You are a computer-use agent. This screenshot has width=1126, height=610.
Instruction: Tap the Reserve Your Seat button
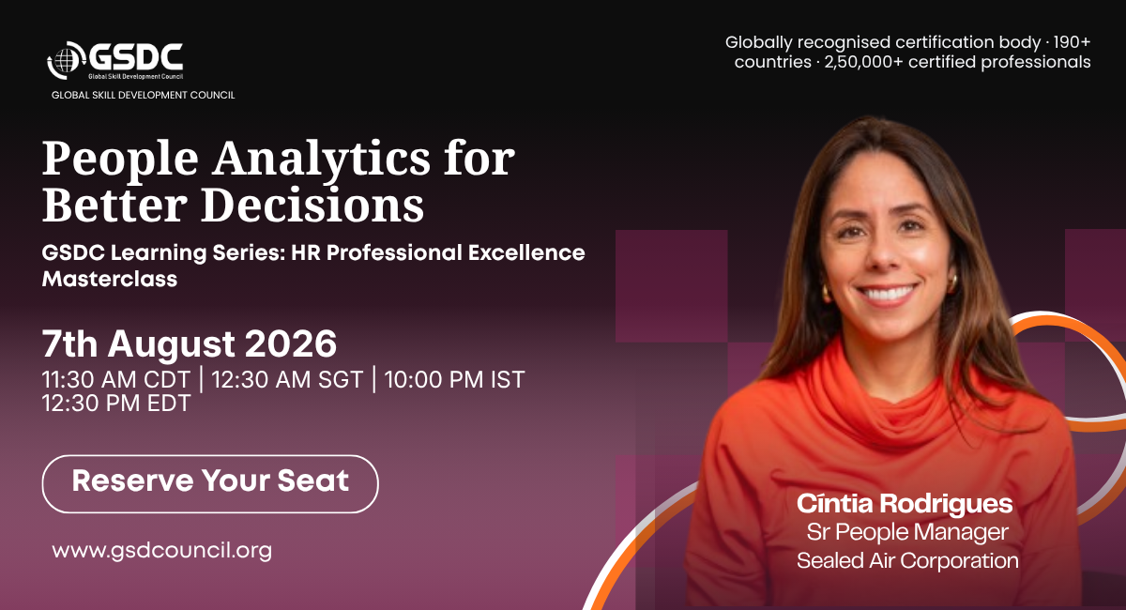(210, 483)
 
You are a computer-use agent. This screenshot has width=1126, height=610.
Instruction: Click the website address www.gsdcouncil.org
(161, 551)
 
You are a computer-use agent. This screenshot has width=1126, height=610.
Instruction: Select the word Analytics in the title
(321, 159)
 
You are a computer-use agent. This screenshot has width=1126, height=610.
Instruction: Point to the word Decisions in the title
(312, 205)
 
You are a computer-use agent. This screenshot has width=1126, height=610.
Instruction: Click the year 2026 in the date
(291, 344)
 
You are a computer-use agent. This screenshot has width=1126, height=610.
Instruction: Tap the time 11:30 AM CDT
(115, 379)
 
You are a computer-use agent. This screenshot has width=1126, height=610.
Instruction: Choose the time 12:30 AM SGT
(287, 379)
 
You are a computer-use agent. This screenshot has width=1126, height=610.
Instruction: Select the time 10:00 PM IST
(454, 379)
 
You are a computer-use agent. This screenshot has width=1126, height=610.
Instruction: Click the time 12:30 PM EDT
(116, 403)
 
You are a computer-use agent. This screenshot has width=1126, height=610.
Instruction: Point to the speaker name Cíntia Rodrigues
(905, 504)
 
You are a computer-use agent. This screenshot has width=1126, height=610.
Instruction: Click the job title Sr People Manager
(907, 532)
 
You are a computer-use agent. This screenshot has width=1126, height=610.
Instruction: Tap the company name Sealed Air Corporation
(907, 560)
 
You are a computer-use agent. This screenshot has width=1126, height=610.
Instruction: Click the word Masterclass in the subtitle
(110, 279)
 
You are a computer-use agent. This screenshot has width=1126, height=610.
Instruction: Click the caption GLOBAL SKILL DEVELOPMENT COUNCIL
(144, 95)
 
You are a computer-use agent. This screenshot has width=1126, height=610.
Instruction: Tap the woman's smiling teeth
(888, 293)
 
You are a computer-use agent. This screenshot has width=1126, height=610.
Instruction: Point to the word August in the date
(172, 345)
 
